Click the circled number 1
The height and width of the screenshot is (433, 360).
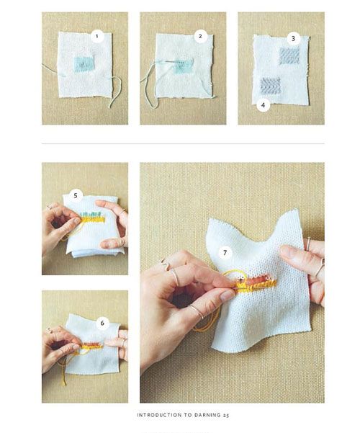click(97, 36)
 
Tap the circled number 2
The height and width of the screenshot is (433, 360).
click(200, 36)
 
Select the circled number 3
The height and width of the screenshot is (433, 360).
click(293, 38)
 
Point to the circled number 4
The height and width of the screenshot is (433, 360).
click(263, 105)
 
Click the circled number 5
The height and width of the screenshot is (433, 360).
click(76, 196)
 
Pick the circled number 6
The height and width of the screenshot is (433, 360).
click(102, 323)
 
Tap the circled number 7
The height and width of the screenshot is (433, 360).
click(225, 252)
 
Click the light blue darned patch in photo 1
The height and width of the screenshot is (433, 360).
click(84, 64)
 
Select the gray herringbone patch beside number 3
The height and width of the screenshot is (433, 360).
click(289, 55)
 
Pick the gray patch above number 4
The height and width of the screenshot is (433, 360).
click(271, 86)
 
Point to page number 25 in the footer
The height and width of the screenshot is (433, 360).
click(226, 415)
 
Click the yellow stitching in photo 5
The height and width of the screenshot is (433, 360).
click(93, 220)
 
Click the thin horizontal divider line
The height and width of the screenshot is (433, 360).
click(183, 143)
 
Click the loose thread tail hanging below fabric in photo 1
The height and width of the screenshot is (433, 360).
click(115, 91)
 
